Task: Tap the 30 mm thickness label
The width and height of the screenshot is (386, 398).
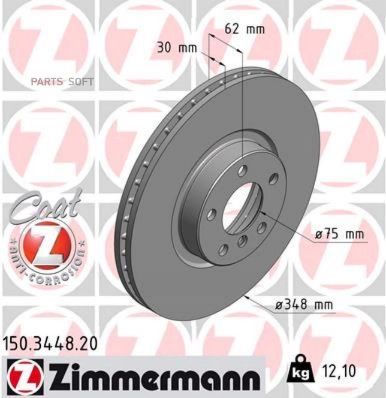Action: pos(176,48)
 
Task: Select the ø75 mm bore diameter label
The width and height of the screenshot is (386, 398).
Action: pos(339,234)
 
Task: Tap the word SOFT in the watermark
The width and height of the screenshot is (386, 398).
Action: pos(81,81)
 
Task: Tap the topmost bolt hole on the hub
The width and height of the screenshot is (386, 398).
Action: pos(243,171)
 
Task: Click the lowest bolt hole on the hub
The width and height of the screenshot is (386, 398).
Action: pos(223,250)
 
